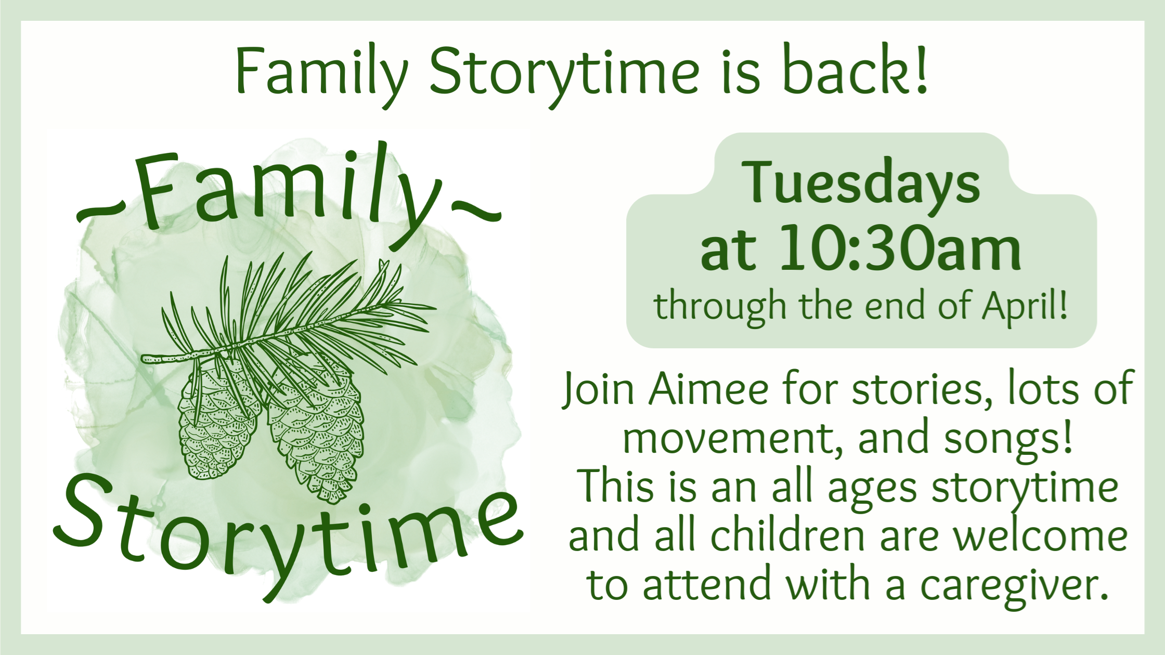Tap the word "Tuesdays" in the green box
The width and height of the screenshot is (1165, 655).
click(861, 183)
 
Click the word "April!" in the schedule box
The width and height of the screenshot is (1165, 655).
click(1024, 307)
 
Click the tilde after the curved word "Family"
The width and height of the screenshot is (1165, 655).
click(476, 211)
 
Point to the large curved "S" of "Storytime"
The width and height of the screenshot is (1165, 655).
click(83, 512)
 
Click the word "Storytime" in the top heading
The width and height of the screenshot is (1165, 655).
click(565, 73)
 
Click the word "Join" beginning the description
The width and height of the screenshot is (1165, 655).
click(598, 390)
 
